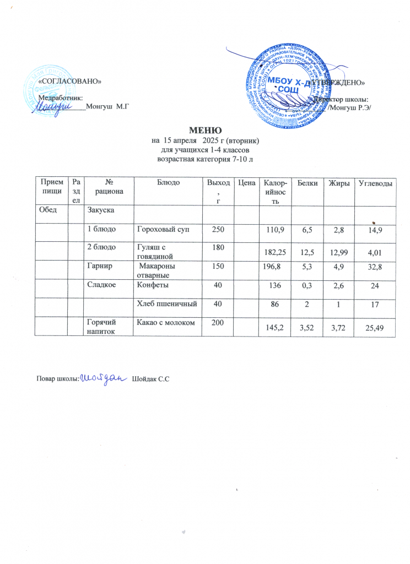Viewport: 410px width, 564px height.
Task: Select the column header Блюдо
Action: click(x=168, y=182)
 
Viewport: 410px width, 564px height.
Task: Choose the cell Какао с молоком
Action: click(x=165, y=321)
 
